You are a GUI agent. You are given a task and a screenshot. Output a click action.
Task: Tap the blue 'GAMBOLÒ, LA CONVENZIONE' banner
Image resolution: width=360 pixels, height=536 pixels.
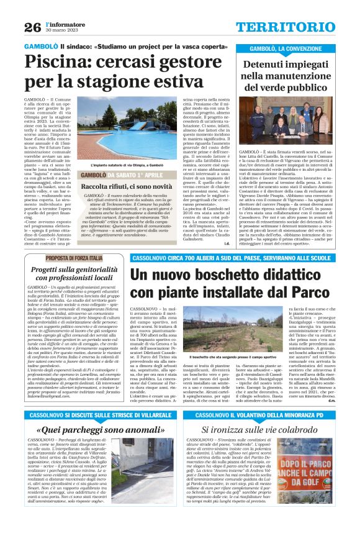pyautogui.click(x=287, y=48)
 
